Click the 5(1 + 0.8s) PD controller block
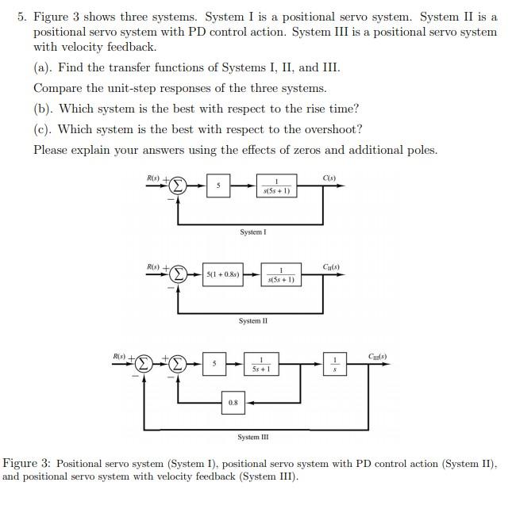coord(222,275)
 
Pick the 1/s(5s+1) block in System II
coord(281,275)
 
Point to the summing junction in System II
coord(179,275)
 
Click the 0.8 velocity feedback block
coord(233,403)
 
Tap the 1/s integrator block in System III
coord(334,365)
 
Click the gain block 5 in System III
coord(214,365)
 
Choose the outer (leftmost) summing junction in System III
coord(144,365)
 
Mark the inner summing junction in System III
coord(178,365)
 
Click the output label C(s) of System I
coord(329,177)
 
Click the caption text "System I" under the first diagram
coord(252,232)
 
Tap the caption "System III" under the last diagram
coord(252,437)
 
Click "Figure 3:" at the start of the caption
coord(28,463)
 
